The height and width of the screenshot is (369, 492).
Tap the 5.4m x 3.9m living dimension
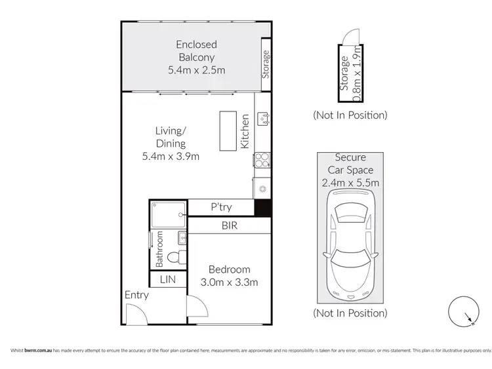coord(171,156)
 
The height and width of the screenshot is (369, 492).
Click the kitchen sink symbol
coord(262,117)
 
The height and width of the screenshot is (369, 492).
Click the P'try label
coord(220,207)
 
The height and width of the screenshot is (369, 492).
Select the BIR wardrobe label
coord(229,225)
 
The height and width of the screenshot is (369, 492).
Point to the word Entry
coord(136,295)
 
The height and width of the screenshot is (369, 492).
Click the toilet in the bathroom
coord(174,258)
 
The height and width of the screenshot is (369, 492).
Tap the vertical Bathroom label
coord(159,249)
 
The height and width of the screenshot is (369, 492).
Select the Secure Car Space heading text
coord(350,163)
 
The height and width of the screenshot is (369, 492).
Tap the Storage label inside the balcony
coord(266,64)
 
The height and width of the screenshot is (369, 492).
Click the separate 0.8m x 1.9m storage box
coord(350,71)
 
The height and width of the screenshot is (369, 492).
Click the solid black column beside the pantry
coord(262,207)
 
